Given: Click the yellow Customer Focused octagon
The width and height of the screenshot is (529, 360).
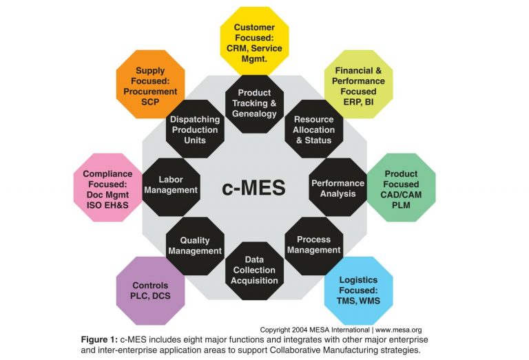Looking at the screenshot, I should point(255,39).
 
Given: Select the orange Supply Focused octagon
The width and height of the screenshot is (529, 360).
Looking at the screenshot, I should point(150,84).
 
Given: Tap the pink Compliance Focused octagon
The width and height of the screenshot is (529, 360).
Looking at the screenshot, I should point(107,187).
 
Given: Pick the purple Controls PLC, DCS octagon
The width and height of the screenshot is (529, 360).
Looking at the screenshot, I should point(150,290).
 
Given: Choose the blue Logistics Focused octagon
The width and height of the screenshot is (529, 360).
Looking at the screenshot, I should point(359,290).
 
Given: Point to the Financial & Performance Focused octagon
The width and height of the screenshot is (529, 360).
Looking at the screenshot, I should point(359,84).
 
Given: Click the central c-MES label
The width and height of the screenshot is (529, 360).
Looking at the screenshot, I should point(254,188).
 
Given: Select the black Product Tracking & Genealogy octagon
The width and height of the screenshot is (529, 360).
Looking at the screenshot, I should point(254,103).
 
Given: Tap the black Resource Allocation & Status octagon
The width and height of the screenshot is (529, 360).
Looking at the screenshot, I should point(313,130).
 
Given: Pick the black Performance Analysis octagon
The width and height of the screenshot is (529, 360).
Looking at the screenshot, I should point(338,188).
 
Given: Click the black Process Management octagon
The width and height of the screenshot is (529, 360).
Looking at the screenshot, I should point(313,245).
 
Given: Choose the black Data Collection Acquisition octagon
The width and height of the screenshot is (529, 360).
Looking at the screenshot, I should point(255,270).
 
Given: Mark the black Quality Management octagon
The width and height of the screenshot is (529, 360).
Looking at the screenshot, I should point(195,246).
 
